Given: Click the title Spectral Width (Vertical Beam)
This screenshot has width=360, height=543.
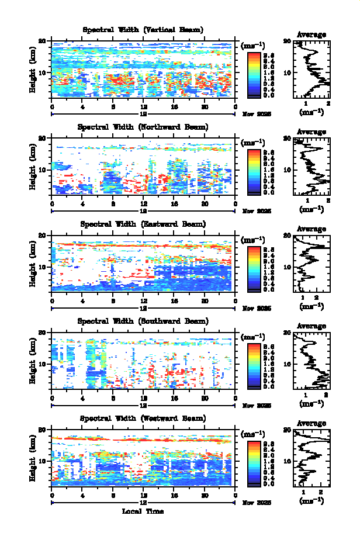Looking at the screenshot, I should tap(143, 30).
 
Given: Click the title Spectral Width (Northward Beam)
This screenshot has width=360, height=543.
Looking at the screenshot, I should tap(143, 127).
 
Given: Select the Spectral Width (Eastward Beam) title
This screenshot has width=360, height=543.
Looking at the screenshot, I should tap(143, 224).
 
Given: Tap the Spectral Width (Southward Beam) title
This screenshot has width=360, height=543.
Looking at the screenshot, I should tap(143, 321).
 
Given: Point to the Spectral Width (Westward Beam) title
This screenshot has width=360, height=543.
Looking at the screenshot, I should tap(143, 419).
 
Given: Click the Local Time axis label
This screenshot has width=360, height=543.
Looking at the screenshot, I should tap(143, 511).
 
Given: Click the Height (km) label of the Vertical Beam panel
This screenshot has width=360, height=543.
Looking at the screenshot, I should tap(34, 70).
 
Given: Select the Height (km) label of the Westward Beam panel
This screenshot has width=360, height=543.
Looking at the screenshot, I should tap(34, 459).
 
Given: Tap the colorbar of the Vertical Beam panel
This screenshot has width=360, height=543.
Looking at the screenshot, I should tap(254, 74).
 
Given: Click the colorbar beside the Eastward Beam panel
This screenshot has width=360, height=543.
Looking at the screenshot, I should tap(254, 268).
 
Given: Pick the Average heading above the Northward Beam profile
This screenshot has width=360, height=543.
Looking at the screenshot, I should tap(311, 132).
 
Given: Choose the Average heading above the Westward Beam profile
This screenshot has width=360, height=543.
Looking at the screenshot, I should tap(311, 424).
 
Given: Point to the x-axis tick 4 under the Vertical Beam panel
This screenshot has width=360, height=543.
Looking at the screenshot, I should tap(82, 106).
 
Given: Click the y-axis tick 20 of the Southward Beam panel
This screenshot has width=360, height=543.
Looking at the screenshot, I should tap(43, 333).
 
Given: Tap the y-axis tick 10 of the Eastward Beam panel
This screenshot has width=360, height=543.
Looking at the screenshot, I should tap(43, 267).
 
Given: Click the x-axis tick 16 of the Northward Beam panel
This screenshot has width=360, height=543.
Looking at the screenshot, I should tap(174, 203).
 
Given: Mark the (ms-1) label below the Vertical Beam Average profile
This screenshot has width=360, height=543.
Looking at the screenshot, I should tap(311, 112).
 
